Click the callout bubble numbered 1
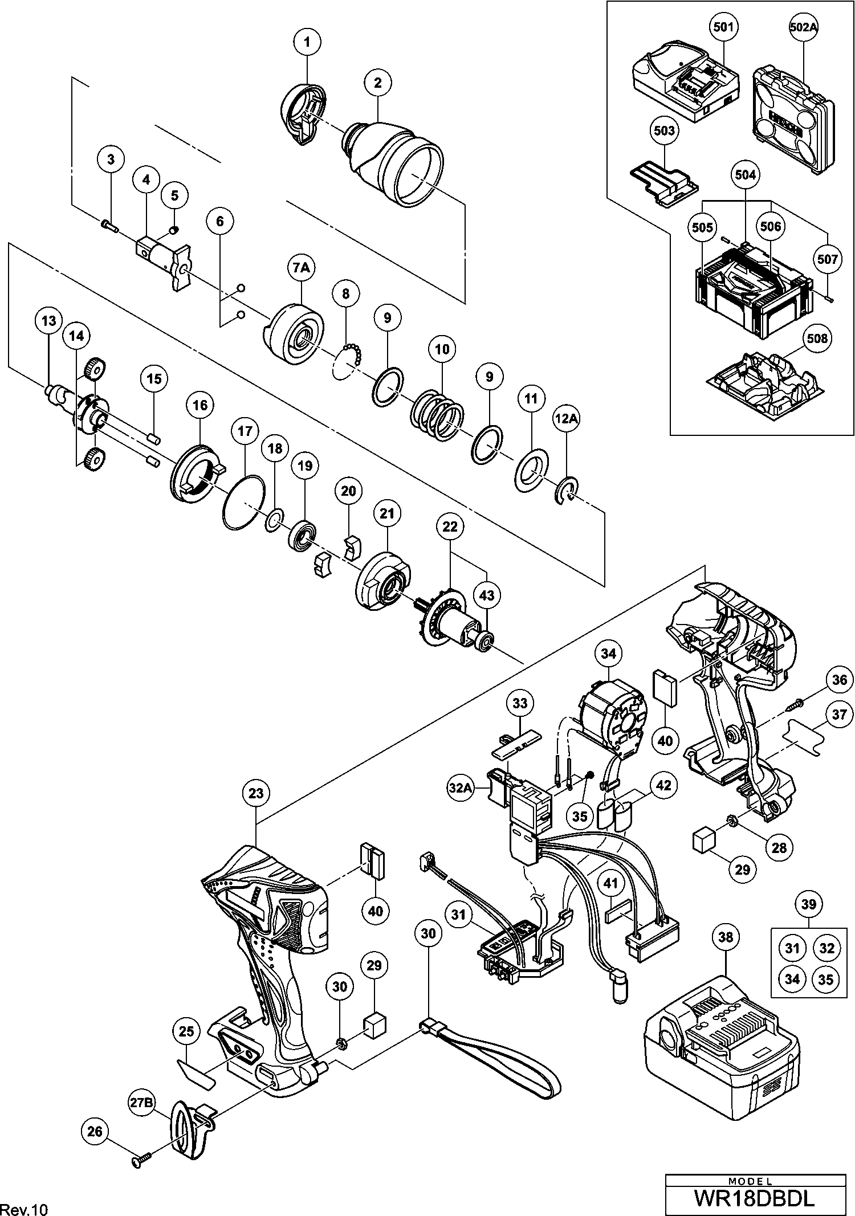click(308, 42)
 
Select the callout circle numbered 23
click(256, 793)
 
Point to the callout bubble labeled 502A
click(803, 26)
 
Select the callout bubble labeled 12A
click(566, 419)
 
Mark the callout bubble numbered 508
click(816, 338)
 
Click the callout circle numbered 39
click(808, 904)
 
